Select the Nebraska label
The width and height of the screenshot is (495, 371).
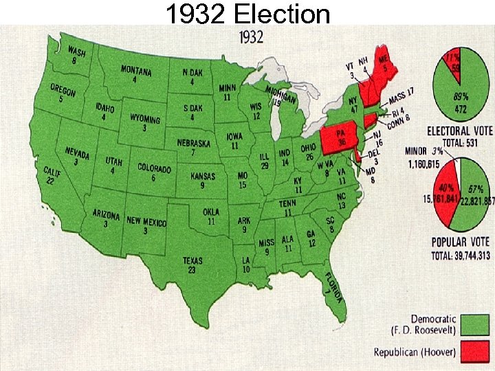click(193, 148)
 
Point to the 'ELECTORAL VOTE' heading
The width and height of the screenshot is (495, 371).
click(459, 131)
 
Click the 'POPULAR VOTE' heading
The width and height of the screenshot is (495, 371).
click(461, 243)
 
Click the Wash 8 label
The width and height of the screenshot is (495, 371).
click(76, 56)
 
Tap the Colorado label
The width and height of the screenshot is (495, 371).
click(154, 172)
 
